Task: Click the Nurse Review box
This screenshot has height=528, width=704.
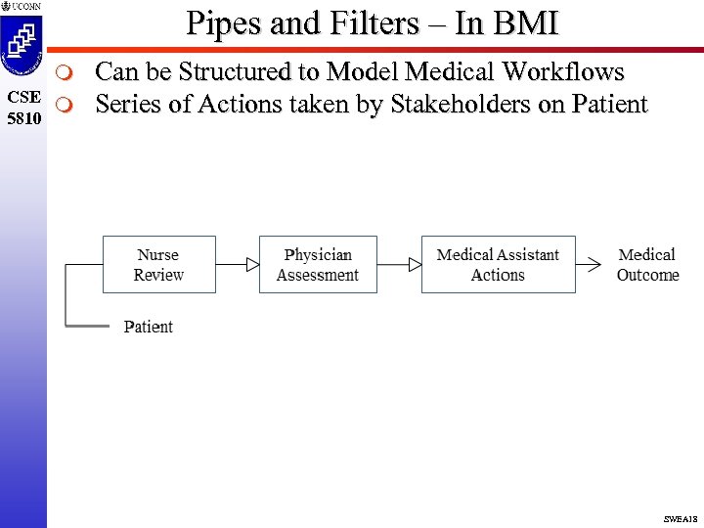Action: click(x=158, y=265)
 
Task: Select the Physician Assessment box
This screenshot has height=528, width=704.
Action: click(x=317, y=265)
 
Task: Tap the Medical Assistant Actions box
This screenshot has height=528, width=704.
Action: click(x=498, y=265)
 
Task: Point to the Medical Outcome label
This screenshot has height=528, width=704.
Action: click(x=647, y=265)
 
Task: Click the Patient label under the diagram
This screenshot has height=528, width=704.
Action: click(x=149, y=327)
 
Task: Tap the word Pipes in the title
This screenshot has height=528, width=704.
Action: click(x=220, y=23)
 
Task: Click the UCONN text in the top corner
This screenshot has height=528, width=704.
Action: click(x=25, y=7)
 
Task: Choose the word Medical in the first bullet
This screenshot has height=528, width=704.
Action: click(x=445, y=71)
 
